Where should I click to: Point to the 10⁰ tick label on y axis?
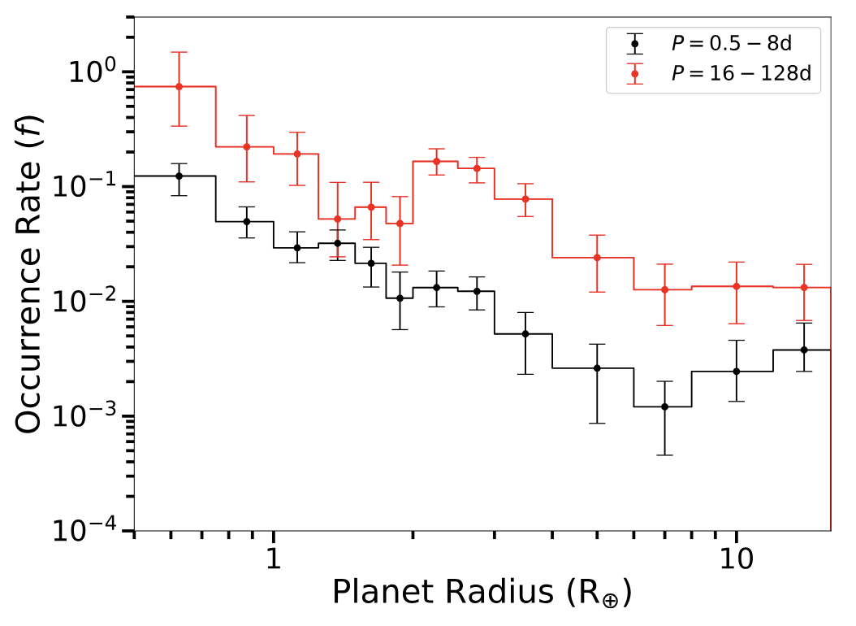tap(89, 73)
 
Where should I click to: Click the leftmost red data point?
tap(179, 86)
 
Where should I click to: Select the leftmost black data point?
tap(179, 176)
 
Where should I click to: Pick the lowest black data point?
tap(664, 406)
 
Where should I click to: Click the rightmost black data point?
tap(804, 350)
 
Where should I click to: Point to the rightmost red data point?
tap(804, 287)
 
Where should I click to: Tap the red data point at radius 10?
tap(736, 286)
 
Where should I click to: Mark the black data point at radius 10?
tap(736, 371)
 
